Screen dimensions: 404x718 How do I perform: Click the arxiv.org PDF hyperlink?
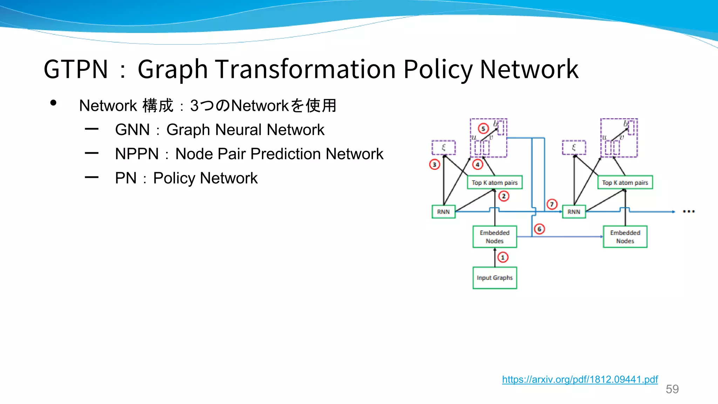(x=580, y=379)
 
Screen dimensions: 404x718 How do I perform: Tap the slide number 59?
(x=672, y=389)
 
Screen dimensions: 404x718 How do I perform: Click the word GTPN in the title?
(x=76, y=69)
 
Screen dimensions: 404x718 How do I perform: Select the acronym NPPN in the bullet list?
(x=137, y=154)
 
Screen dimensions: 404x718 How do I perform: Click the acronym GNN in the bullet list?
(x=132, y=130)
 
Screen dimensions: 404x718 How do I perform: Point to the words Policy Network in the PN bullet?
(x=205, y=178)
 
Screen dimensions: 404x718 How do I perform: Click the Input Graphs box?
(x=495, y=278)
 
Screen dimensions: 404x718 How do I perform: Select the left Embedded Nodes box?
(x=495, y=237)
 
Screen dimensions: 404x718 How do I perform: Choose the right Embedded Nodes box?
(x=625, y=237)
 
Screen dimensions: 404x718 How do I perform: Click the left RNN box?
(x=443, y=212)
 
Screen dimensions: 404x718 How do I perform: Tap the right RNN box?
(x=574, y=212)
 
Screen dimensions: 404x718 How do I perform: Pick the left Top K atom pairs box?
(x=495, y=182)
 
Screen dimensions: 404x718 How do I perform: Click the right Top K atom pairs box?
(x=625, y=182)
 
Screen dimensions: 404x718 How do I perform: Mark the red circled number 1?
(x=503, y=257)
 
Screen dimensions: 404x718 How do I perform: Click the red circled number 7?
(x=552, y=204)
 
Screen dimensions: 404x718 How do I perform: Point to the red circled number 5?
(x=483, y=129)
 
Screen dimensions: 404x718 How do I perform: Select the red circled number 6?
(x=539, y=229)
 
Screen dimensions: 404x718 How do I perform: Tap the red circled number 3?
(x=434, y=164)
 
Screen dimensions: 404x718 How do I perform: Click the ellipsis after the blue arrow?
(x=689, y=211)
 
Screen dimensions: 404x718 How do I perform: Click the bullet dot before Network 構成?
(x=53, y=103)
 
